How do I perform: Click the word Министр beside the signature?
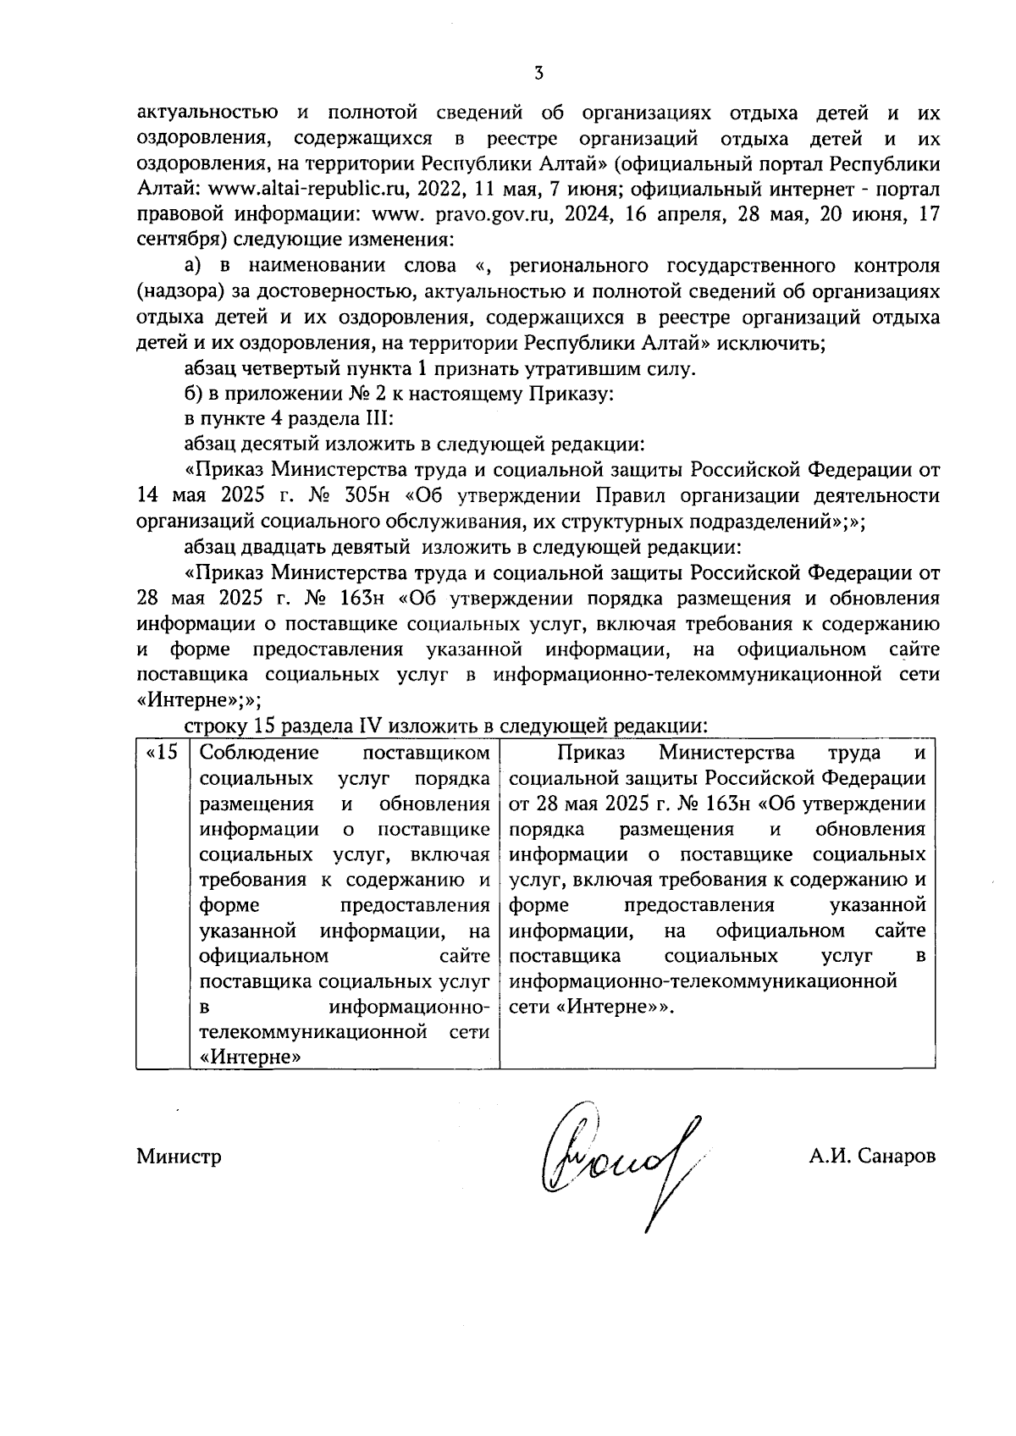pyautogui.click(x=179, y=1157)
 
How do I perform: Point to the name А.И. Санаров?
pyautogui.click(x=872, y=1157)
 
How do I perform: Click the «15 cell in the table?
pyautogui.click(x=163, y=753)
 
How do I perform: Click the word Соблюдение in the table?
pyautogui.click(x=259, y=753)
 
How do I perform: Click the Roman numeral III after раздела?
pyautogui.click(x=371, y=419)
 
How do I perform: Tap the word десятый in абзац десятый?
pyautogui.click(x=279, y=445)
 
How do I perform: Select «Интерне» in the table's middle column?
pyautogui.click(x=251, y=1058)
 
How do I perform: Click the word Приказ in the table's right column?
pyautogui.click(x=591, y=753)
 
